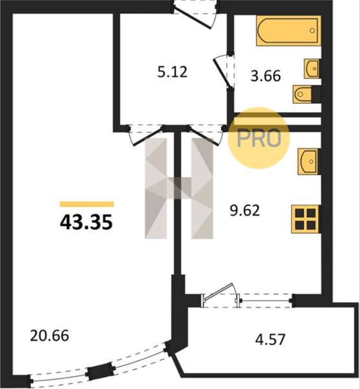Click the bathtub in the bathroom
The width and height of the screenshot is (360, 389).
[289, 31]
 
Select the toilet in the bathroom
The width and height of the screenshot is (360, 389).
[302, 94]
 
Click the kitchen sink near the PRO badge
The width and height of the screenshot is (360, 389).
[308, 161]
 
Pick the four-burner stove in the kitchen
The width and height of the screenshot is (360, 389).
[306, 219]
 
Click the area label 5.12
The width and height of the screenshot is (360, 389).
[172, 72]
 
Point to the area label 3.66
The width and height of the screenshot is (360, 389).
[266, 76]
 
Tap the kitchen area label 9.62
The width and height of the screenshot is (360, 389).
[245, 210]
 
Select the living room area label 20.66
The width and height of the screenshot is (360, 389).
[49, 336]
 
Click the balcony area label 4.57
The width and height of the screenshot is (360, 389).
[270, 340]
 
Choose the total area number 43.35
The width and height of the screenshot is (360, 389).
[86, 222]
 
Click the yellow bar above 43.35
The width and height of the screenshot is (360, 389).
[86, 204]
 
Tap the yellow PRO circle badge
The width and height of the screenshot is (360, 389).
[259, 138]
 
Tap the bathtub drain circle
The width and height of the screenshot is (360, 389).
[313, 31]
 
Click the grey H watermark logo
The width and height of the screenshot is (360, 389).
[179, 189]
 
